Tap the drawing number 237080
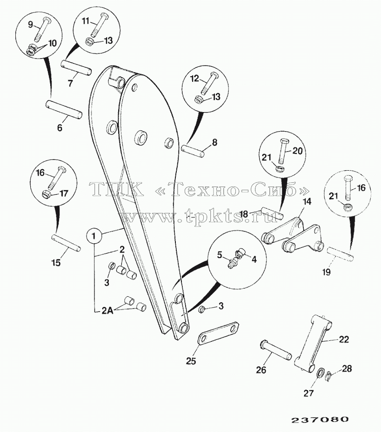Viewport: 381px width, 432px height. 320,419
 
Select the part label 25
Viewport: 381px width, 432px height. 191,361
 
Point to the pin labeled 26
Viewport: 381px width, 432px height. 276,350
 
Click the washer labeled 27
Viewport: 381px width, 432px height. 321,373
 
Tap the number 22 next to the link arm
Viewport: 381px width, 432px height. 343,339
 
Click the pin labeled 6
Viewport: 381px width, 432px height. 64,110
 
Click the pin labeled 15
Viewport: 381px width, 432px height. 66,243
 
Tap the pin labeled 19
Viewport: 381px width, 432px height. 340,254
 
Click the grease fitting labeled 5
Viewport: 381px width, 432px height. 232,262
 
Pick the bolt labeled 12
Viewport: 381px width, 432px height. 209,82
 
